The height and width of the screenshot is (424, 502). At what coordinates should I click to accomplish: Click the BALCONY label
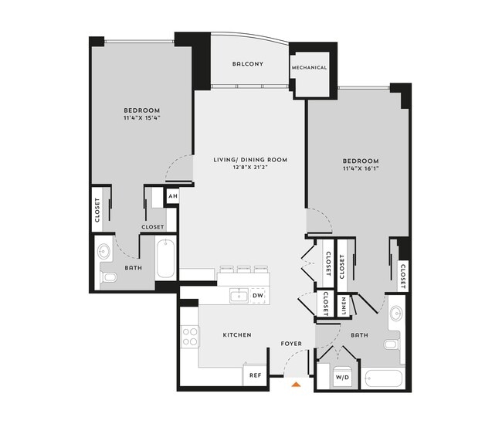(x=248, y=63)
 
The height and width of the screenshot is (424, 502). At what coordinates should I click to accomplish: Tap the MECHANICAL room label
(x=309, y=67)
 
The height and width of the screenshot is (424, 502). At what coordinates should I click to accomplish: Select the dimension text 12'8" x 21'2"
(x=250, y=168)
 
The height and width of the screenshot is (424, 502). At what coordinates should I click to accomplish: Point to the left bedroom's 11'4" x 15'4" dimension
(x=141, y=118)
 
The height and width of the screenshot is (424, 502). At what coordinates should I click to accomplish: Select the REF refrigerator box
(x=254, y=375)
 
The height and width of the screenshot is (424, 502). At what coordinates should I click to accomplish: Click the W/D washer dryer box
(x=342, y=378)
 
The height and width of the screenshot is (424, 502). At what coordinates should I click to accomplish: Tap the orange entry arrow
(x=296, y=382)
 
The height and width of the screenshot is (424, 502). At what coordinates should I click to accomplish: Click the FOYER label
(x=291, y=344)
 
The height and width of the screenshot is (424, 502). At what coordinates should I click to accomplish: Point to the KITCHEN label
(x=236, y=336)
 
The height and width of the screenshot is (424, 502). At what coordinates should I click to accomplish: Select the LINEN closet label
(x=344, y=305)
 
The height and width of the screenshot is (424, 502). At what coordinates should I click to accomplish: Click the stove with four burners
(x=189, y=336)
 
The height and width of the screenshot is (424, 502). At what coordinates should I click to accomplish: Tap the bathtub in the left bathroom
(x=166, y=259)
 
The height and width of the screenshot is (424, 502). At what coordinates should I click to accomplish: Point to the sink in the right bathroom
(x=396, y=314)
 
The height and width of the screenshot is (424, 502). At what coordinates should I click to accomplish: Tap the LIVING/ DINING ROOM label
(x=250, y=160)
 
